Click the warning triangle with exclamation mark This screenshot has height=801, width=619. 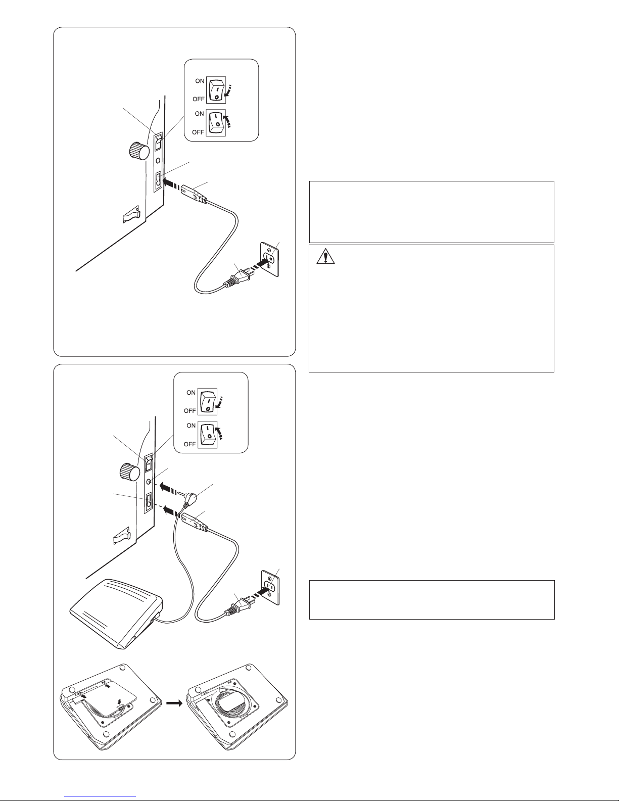pos(325,256)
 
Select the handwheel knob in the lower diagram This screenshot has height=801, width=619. pos(130,473)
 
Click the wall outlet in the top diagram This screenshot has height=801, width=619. pos(270,259)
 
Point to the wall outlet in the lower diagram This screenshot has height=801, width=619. pos(270,588)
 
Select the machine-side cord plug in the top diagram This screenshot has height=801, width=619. pos(193,194)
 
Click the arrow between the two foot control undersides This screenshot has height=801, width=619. pos(174,703)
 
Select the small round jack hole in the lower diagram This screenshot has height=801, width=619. pos(149,482)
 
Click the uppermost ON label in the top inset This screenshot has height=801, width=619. pos(200,81)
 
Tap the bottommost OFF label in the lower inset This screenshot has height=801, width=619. pos(190,444)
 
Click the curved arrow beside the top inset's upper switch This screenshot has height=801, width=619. pos(229,91)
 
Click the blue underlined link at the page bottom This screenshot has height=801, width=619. pos(100,796)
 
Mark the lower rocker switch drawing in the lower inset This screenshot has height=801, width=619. pos(208,435)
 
